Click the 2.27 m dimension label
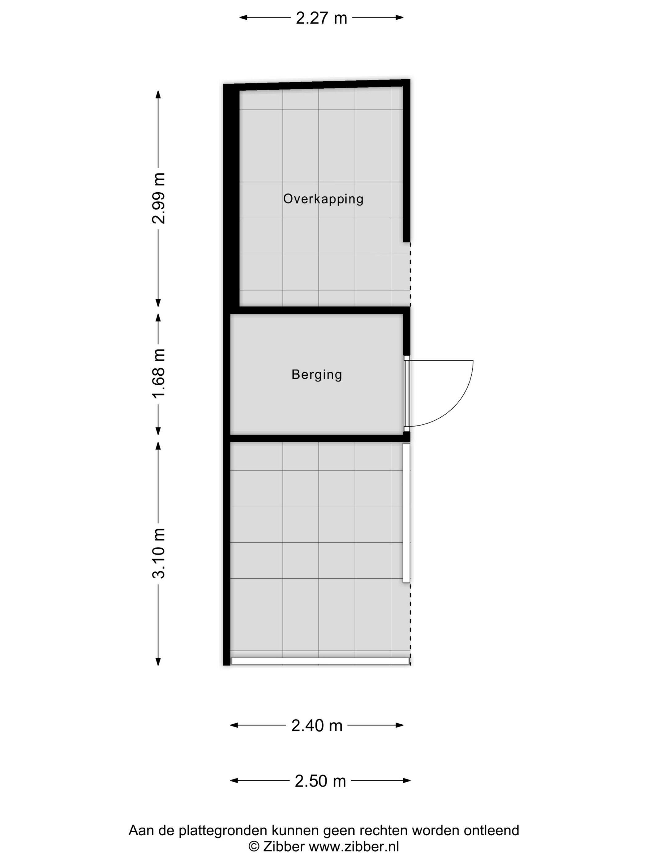321,18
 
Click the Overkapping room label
323,199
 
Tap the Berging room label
317,375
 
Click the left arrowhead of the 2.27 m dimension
243,17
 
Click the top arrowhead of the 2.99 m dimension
158,94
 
